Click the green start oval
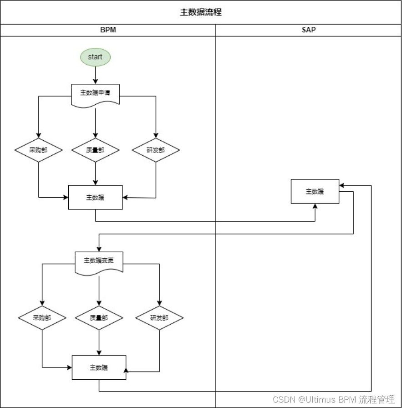95,57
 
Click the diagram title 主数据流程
201,12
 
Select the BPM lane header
108,30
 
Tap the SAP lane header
308,30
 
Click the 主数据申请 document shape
95,93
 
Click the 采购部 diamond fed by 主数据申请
38,150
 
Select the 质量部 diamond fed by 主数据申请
95,150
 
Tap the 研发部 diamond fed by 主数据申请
156,150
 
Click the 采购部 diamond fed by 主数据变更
42,318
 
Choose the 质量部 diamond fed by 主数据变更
99,318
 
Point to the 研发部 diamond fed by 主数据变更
159,318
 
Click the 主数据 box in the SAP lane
315,191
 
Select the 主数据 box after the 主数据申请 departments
95,197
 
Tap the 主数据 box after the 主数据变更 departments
99,367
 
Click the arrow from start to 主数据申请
95,75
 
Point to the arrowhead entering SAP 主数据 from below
315,206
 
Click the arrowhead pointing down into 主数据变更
99,248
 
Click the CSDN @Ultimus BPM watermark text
334,399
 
